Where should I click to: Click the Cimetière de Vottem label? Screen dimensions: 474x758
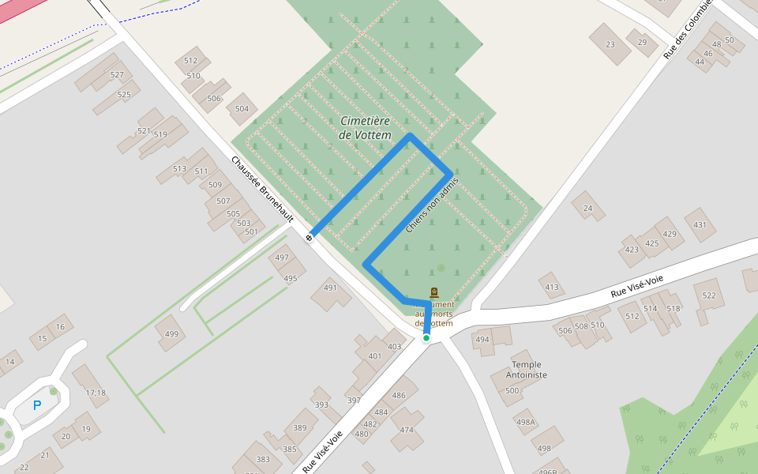pos(365,128)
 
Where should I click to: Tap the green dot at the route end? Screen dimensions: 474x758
pos(426,338)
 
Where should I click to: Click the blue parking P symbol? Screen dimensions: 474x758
pos(36,405)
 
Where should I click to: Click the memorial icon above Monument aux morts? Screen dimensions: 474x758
pos(433,293)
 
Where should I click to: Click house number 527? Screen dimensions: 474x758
pos(117,75)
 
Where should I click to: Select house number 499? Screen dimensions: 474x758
pos(171,334)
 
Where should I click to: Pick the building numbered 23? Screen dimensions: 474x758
pos(610,44)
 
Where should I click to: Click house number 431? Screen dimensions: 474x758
pos(700,225)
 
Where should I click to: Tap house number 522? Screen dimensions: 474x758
pos(709,295)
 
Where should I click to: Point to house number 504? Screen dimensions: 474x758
pos(242,109)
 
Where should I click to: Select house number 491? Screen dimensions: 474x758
pos(330,288)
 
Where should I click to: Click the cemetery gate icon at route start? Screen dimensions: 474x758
pos(310,236)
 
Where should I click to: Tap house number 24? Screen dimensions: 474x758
pos(587,208)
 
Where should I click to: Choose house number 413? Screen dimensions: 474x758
pos(551,288)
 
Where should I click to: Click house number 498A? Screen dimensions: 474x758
pos(526,422)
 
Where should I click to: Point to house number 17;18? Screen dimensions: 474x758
pos(96,393)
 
